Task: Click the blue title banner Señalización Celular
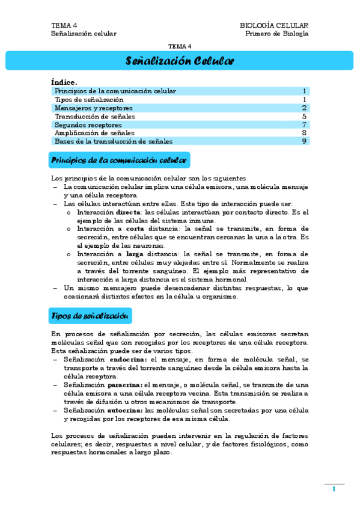pyautogui.click(x=180, y=61)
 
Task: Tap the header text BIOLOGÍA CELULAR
pyautogui.click(x=273, y=25)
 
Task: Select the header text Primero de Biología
pyautogui.click(x=276, y=34)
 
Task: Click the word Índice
pyautogui.click(x=64, y=82)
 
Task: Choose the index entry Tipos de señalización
pyautogui.click(x=89, y=99)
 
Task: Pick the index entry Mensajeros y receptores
pyautogui.click(x=93, y=108)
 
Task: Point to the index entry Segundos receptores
pyautogui.click(x=88, y=124)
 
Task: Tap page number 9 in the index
pyautogui.click(x=305, y=141)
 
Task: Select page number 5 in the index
pyautogui.click(x=305, y=116)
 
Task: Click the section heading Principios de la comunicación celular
pyautogui.click(x=120, y=161)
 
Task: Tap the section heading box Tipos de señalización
pyautogui.click(x=90, y=316)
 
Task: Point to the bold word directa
pyautogui.click(x=129, y=212)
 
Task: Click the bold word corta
pyautogui.click(x=135, y=229)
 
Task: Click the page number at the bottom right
pyautogui.click(x=334, y=490)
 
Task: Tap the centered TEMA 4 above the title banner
pyautogui.click(x=180, y=46)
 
